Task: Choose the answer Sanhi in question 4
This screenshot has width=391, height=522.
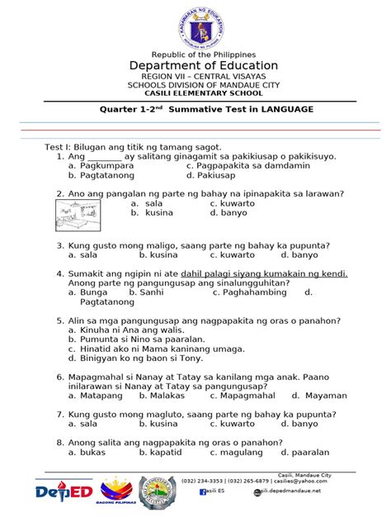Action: point(151,292)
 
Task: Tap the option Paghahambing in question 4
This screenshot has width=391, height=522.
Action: point(252,292)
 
